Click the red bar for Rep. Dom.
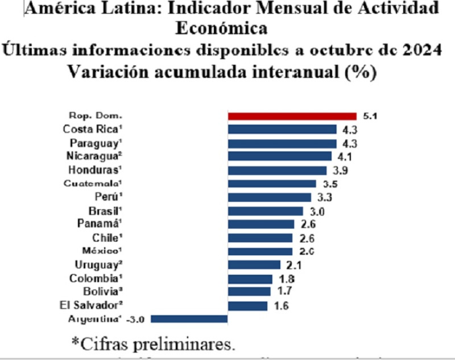(x=292, y=116)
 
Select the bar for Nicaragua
(x=279, y=156)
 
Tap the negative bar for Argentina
(x=189, y=319)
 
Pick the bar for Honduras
(x=277, y=170)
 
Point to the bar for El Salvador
(x=247, y=306)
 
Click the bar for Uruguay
(x=254, y=264)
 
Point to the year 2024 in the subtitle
(x=418, y=51)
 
